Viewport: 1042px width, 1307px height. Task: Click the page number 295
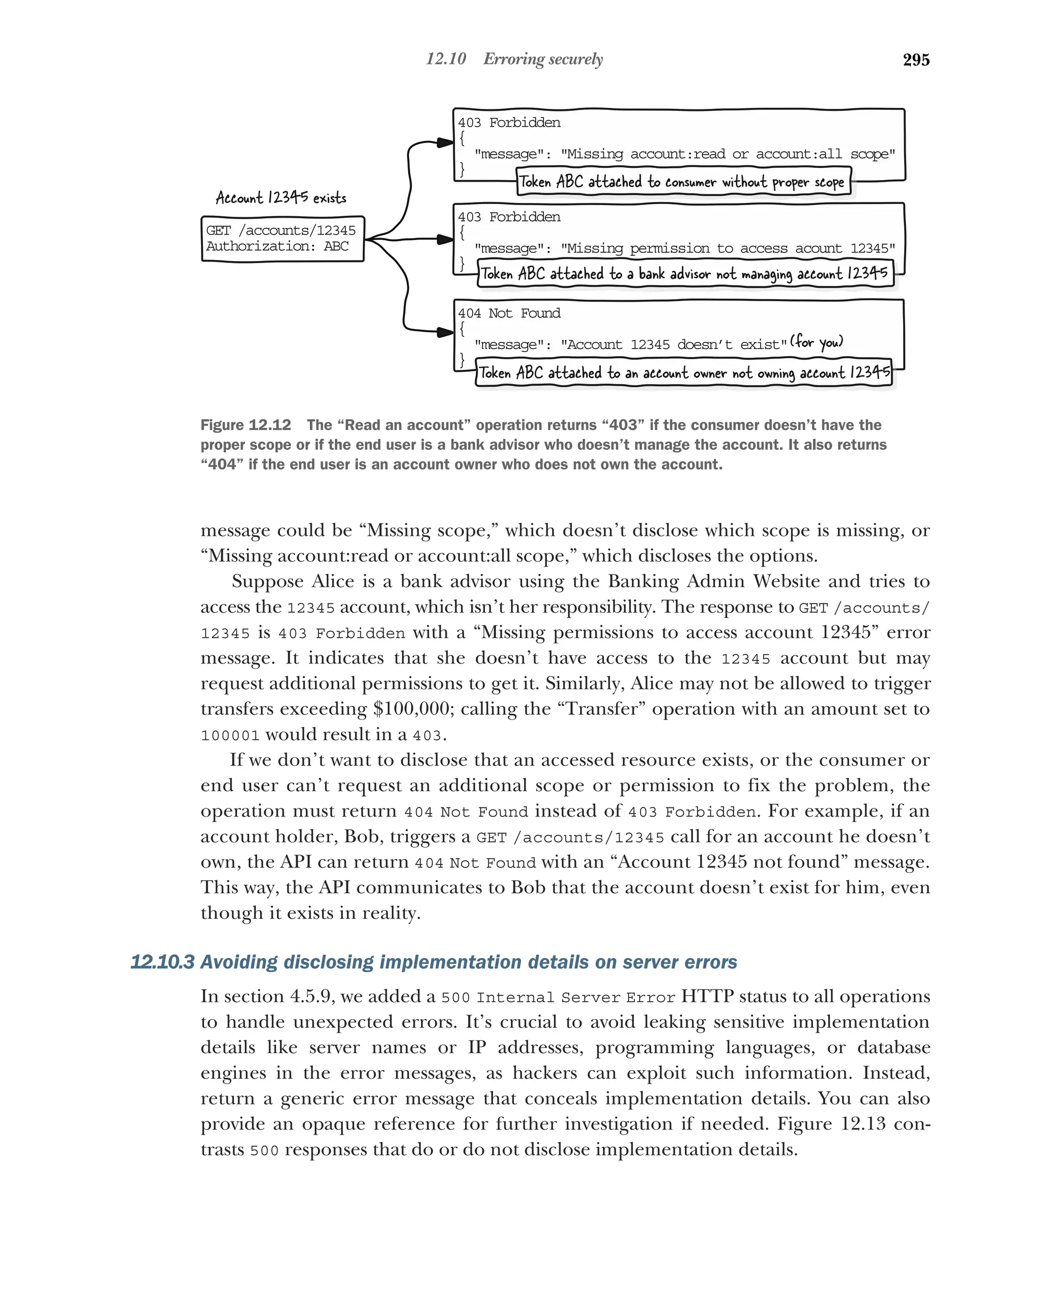[915, 60]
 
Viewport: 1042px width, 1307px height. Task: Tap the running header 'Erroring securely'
[542, 59]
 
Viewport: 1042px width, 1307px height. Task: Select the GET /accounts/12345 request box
[282, 238]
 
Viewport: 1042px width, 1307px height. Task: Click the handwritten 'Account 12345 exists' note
[281, 197]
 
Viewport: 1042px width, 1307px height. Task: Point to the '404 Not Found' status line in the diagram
[509, 313]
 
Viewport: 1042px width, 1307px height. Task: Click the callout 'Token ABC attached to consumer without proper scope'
[683, 182]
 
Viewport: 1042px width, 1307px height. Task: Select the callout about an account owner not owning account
[684, 373]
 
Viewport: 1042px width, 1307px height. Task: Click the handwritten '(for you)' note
[817, 342]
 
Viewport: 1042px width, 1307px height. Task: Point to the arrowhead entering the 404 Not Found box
[446, 332]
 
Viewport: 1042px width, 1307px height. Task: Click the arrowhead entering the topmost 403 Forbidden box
[446, 143]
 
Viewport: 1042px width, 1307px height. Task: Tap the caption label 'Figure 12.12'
[246, 425]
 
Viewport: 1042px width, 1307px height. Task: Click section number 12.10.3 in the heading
[162, 962]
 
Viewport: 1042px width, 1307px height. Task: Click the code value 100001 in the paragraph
[230, 735]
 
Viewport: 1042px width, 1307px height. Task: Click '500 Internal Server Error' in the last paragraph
[558, 997]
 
